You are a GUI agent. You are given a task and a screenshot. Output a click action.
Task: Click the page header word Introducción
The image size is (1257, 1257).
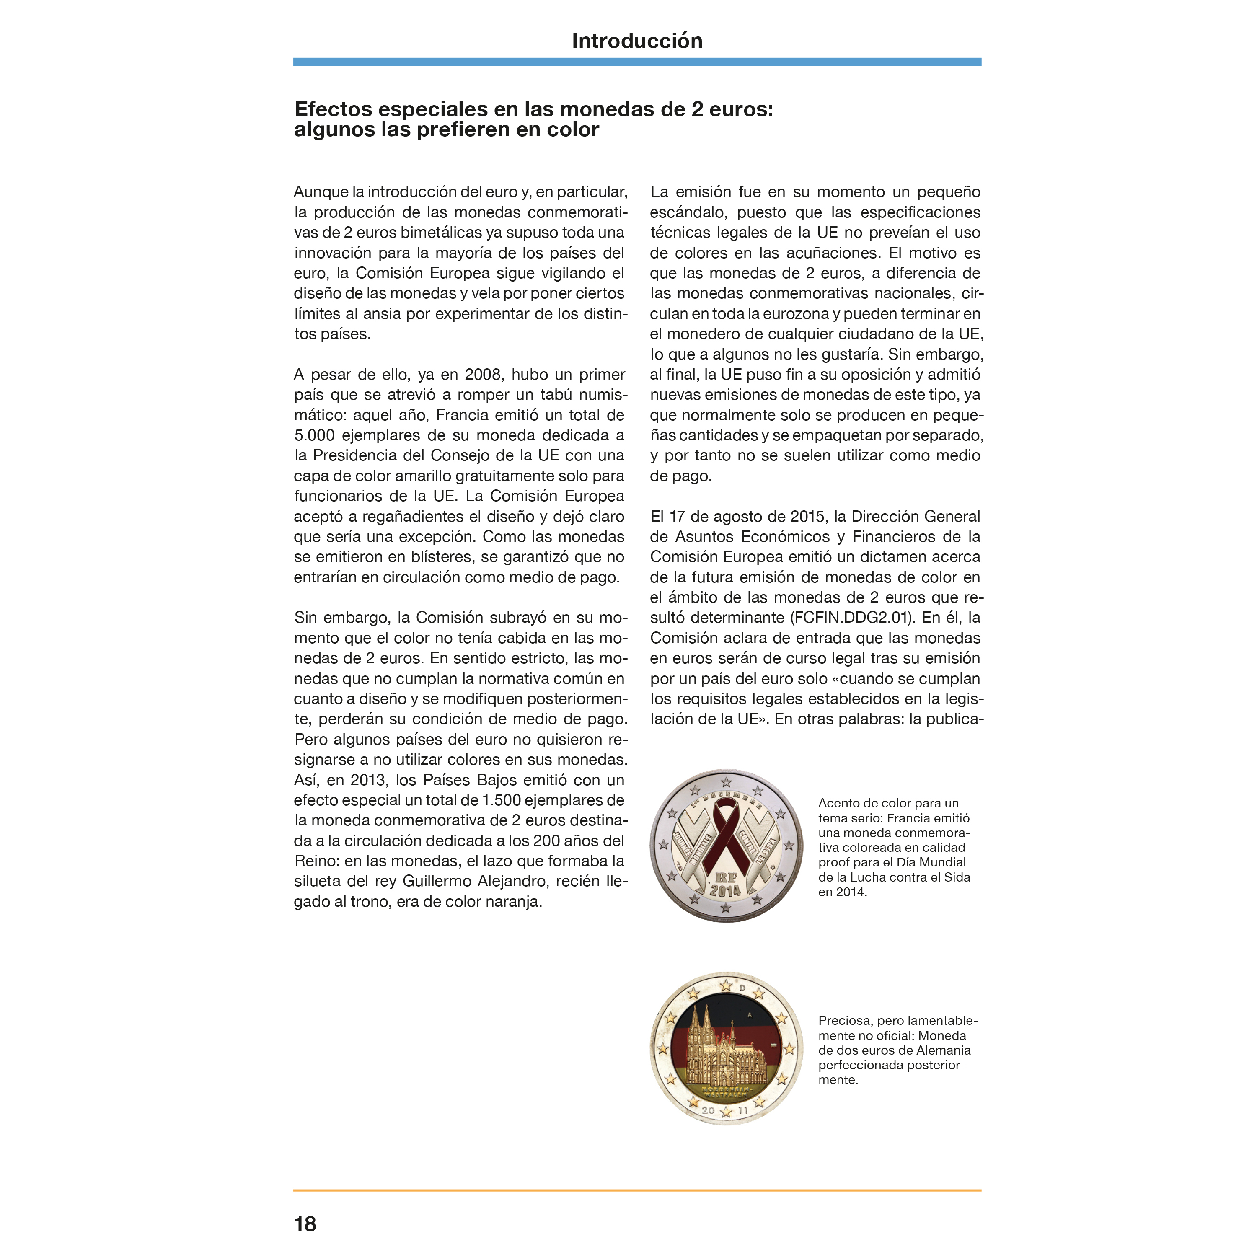tap(636, 41)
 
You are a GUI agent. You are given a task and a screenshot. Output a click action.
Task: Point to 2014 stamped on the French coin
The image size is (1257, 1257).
tap(725, 890)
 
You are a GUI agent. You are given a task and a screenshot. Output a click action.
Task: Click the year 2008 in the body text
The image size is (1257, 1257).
tap(483, 375)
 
